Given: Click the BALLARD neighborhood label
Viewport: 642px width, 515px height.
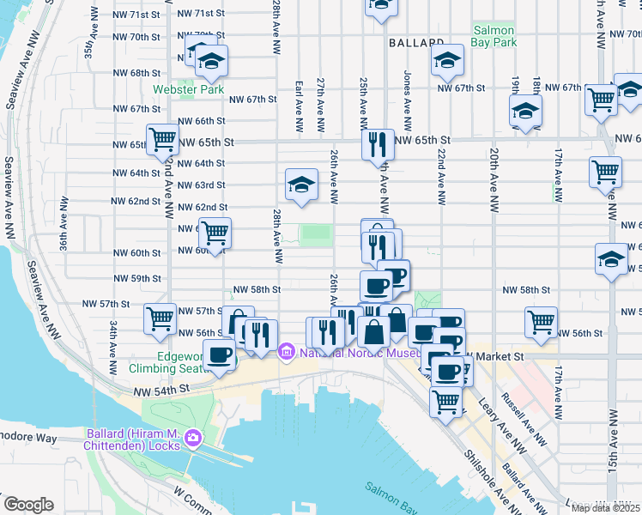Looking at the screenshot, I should (x=415, y=42).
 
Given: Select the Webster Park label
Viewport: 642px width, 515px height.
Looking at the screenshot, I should (x=188, y=89).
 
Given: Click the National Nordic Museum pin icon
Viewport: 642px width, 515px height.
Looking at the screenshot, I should (x=286, y=351).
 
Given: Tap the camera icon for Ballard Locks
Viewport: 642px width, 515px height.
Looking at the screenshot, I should (x=193, y=439).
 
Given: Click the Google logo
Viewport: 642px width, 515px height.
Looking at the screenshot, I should (x=28, y=504).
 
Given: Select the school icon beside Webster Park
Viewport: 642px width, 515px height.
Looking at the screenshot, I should (x=211, y=61).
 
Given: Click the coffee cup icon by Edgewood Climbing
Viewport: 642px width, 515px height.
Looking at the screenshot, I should (x=219, y=354).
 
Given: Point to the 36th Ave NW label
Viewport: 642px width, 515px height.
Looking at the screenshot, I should (x=63, y=226).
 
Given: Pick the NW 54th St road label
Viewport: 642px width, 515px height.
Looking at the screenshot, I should (x=160, y=390).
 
